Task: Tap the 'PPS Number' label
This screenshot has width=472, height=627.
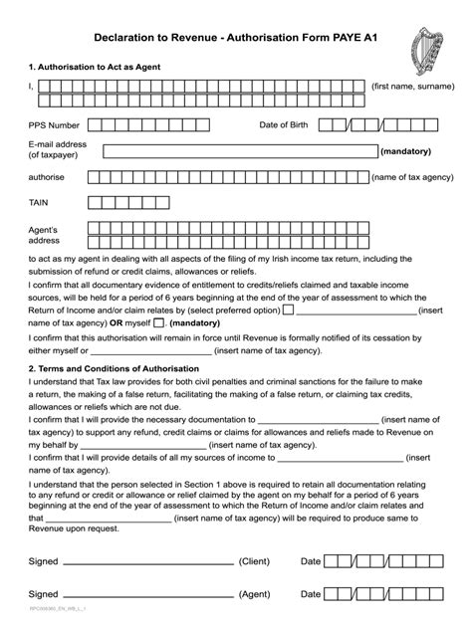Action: (54, 126)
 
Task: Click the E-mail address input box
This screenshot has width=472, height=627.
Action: (239, 152)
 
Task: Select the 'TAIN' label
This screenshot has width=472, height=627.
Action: (40, 201)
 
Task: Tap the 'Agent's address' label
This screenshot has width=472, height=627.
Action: (46, 234)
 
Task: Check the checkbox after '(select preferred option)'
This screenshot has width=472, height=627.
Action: (288, 310)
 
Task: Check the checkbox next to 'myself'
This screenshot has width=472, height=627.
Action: (160, 323)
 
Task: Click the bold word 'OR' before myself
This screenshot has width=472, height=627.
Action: (117, 323)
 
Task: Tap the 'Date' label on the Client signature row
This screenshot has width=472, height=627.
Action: (311, 560)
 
